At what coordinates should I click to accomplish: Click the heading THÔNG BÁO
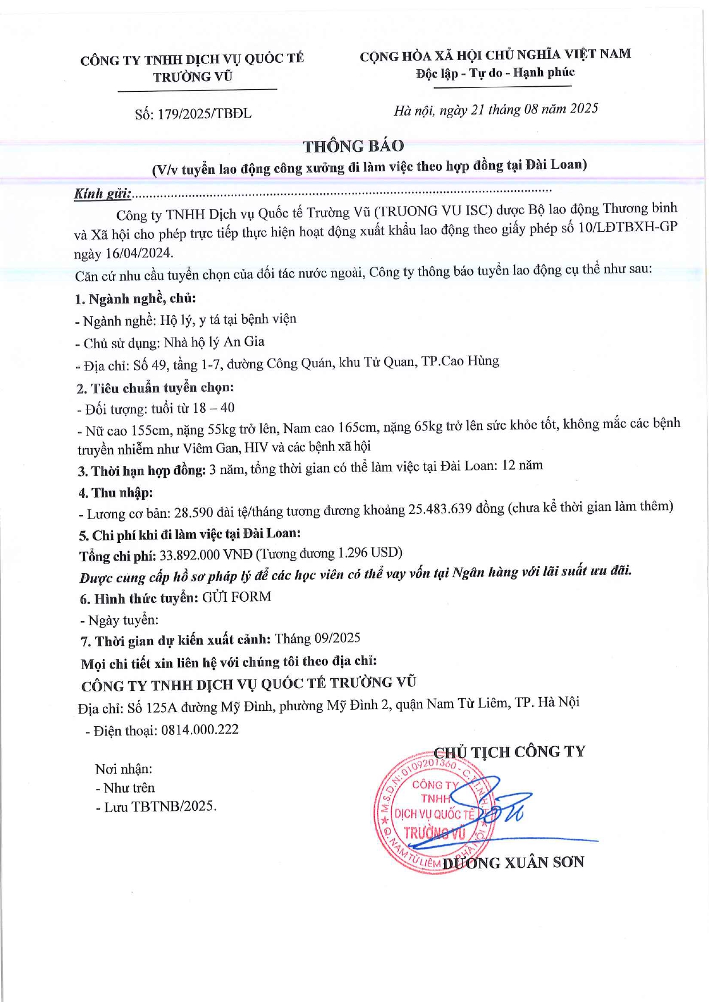click(353, 146)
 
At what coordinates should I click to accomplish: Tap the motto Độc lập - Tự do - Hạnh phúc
click(495, 73)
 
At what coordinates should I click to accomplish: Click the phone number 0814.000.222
click(200, 730)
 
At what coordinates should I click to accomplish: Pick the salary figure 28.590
click(197, 512)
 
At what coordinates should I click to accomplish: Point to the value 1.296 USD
click(369, 553)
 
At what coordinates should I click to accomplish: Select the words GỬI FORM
click(237, 597)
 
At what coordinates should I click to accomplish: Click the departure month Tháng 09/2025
click(317, 638)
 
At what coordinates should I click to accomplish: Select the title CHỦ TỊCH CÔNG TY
click(510, 751)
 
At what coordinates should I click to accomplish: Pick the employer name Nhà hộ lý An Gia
click(214, 342)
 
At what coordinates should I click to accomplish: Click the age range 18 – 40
click(214, 408)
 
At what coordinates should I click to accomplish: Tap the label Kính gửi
click(102, 194)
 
